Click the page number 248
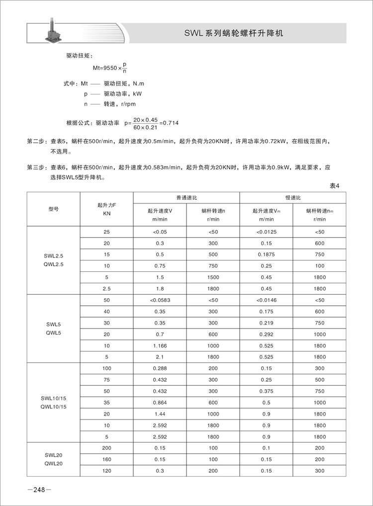click(x=39, y=490)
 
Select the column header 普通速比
click(x=186, y=197)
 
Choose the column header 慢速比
click(x=293, y=197)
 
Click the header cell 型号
click(x=54, y=209)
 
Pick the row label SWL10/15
click(x=54, y=399)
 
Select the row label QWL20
click(x=54, y=463)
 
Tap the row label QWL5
click(x=54, y=333)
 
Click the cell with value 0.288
click(x=160, y=368)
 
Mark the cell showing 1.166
click(x=160, y=345)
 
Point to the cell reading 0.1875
click(x=267, y=254)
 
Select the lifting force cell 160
click(x=107, y=459)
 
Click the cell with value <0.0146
click(x=267, y=300)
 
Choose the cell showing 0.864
click(x=160, y=403)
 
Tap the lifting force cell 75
click(x=107, y=380)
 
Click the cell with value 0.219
click(x=267, y=323)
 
